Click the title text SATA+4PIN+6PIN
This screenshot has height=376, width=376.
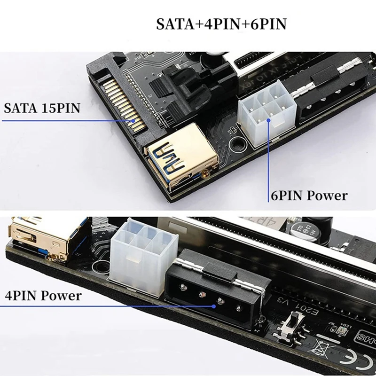[x=221, y=24]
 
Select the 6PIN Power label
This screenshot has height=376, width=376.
[x=309, y=196]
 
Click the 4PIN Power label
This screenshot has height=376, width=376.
[x=43, y=296]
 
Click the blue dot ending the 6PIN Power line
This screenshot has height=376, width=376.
[x=269, y=121]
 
